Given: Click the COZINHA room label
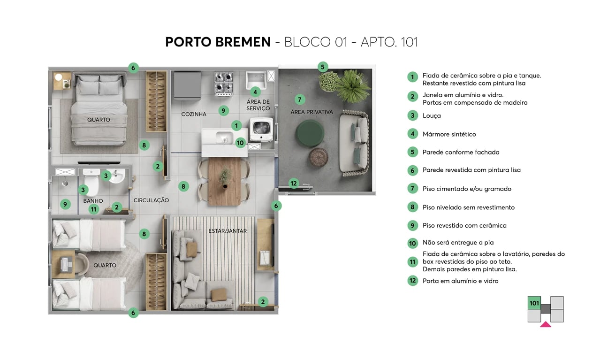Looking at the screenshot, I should pos(194,114).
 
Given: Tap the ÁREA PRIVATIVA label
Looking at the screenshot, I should pos(311,112).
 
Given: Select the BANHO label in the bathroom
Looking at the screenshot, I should pos(93,201).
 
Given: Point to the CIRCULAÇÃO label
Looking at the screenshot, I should pos(151,200).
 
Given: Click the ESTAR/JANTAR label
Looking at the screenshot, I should pos(228,231).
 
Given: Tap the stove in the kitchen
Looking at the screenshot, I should pos(224,82).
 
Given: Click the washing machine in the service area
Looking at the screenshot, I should pos(262,129).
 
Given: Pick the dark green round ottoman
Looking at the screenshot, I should pos(310,133).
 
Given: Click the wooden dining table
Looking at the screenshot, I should pos(225,181).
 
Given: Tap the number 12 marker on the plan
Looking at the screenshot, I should pos(294,184).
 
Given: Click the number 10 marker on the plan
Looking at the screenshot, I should pos(240,143).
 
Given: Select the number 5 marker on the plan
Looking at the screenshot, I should pos(322,67).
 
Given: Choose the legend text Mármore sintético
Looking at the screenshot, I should pos(449,134).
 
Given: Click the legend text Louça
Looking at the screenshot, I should pos(432,115).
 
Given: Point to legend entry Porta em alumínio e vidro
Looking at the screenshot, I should pos(460,281).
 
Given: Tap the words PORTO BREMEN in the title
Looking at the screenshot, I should pos(218,42).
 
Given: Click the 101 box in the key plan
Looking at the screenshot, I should pos(534,304).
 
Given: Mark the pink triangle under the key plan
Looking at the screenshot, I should pos(546,324).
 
